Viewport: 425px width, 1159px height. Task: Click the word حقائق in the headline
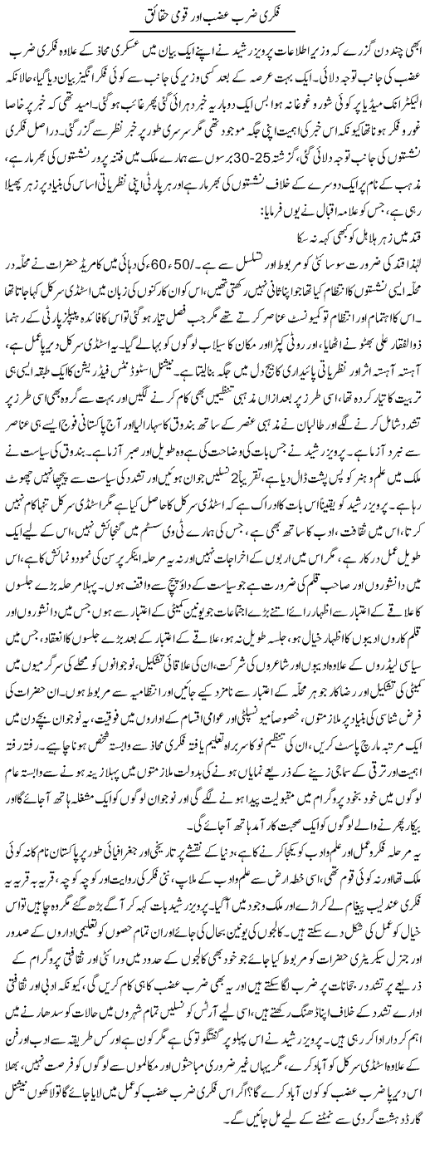click(151, 16)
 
